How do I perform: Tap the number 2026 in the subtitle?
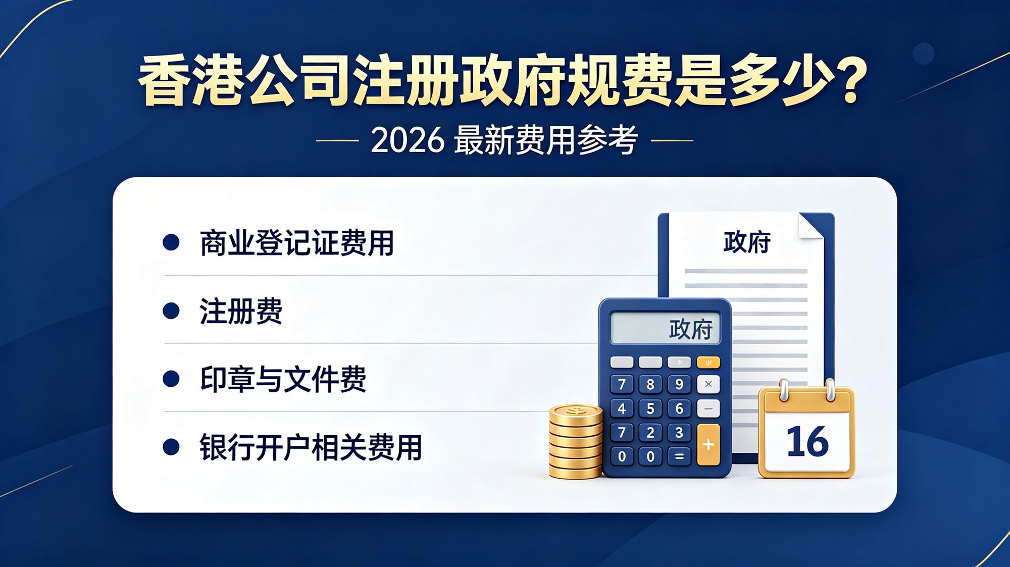click(x=408, y=140)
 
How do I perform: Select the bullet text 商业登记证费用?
click(x=297, y=243)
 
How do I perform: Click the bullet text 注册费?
click(x=241, y=311)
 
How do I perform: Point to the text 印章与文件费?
click(x=283, y=379)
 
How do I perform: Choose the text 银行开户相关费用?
click(x=311, y=447)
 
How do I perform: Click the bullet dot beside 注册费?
click(x=171, y=311)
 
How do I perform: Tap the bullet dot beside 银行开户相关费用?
click(x=171, y=447)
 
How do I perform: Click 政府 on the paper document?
click(x=747, y=242)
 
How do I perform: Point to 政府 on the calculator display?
click(x=690, y=330)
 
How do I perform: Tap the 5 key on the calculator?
click(x=650, y=408)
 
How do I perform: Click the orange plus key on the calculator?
click(x=708, y=444)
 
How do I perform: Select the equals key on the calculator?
click(x=679, y=456)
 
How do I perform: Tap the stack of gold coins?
click(x=576, y=442)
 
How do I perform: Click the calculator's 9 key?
click(x=679, y=384)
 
